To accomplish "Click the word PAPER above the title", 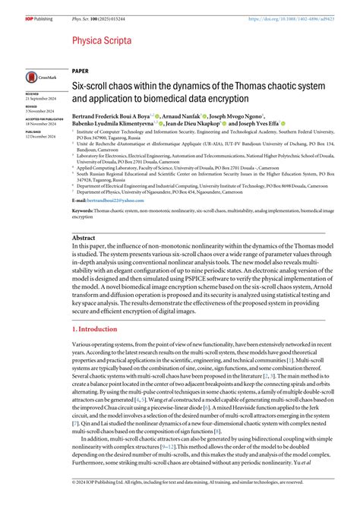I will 80,69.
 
